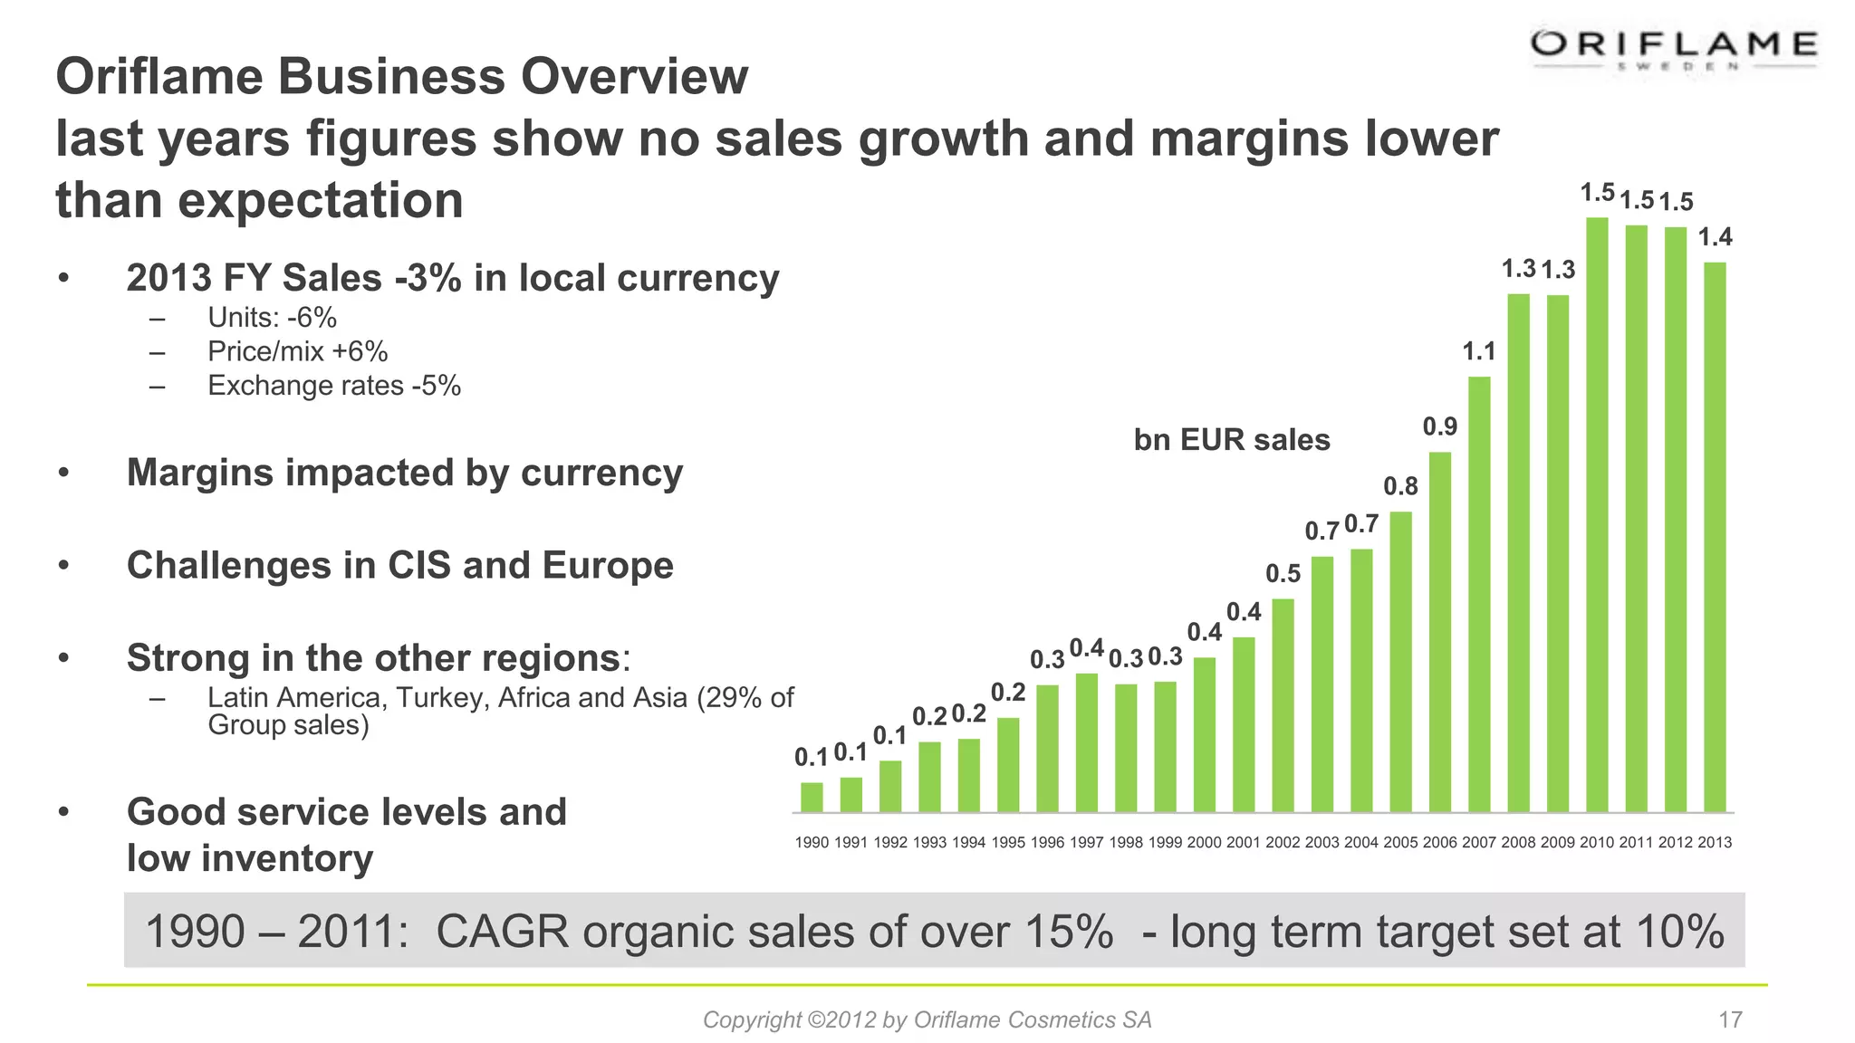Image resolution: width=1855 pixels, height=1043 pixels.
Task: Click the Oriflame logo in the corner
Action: point(1674,50)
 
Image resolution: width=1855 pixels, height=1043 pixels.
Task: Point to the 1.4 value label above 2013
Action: point(1715,237)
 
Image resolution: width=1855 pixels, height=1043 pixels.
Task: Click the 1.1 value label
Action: point(1479,351)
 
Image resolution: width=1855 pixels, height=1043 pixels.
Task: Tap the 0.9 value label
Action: point(1439,426)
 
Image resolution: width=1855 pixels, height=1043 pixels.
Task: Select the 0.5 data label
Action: point(1283,574)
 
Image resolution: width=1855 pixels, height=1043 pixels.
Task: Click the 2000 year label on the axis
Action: point(1204,843)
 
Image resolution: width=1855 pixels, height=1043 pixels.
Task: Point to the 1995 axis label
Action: point(1008,843)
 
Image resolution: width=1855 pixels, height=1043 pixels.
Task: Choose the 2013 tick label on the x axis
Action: point(1715,843)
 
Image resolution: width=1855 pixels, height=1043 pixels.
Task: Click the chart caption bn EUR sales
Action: point(1232,440)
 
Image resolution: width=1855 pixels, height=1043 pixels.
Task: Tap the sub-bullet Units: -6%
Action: point(272,318)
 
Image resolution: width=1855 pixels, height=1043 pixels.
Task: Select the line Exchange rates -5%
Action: point(334,386)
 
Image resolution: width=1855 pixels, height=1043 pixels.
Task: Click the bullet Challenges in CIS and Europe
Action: point(399,565)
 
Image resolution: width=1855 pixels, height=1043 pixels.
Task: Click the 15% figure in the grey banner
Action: point(1069,932)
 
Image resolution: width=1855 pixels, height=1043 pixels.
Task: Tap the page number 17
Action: point(1730,1020)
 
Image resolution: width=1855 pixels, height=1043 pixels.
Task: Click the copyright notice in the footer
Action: point(927,1020)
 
